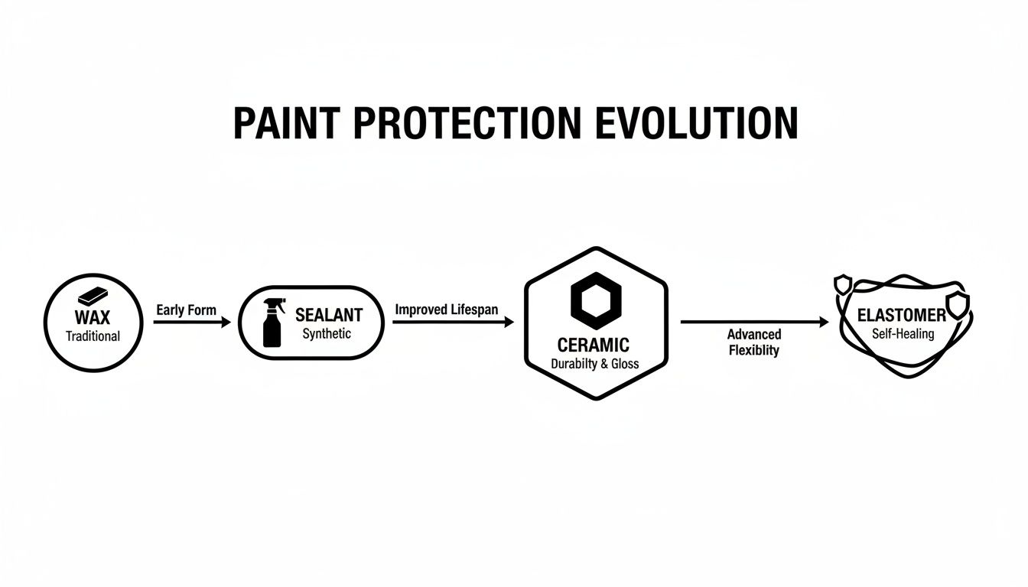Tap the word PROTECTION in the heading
tap(461, 122)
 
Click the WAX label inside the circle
tap(93, 317)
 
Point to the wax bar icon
tap(93, 297)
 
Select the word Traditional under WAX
tap(93, 336)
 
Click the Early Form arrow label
tap(186, 310)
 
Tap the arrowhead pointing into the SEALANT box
tap(226, 323)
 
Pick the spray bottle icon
tap(272, 323)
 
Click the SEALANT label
tap(328, 315)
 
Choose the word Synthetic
tap(327, 334)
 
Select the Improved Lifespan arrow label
tap(447, 310)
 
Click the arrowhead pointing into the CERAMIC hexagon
tap(509, 323)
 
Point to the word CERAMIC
tap(594, 346)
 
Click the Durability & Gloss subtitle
tap(594, 365)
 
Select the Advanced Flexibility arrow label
tap(753, 342)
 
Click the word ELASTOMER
tap(901, 315)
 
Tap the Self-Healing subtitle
tap(903, 334)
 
